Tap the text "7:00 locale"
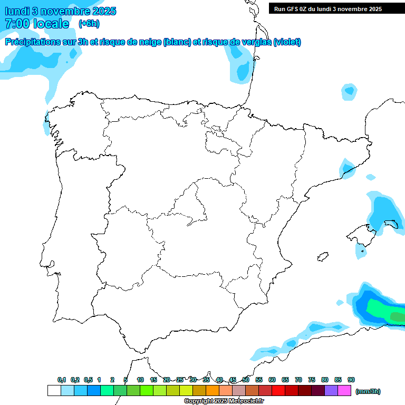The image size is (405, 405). coord(37,24)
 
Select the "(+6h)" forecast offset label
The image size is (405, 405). coord(89,23)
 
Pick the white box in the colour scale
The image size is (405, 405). coord(54,390)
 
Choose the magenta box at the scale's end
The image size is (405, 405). coord(344,390)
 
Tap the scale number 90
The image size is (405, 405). coord(351,380)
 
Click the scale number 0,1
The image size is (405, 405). coord(62,380)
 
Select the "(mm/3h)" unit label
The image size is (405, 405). coord(368,391)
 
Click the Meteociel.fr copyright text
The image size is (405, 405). coord(225,401)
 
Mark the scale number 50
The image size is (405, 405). coord(246,380)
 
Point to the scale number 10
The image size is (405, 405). coord(140,380)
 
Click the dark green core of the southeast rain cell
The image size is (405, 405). coord(397,316)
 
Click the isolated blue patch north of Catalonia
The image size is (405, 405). coord(349,92)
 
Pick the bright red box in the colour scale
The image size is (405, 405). coord(278,390)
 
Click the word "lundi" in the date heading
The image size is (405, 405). coord(17,11)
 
